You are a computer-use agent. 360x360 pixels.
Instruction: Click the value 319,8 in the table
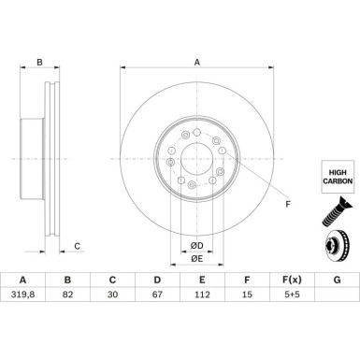22,295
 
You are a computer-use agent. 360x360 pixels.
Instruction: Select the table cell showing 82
67,295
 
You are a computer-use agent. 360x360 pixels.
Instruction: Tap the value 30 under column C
112,295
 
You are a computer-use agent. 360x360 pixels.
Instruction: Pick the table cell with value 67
157,295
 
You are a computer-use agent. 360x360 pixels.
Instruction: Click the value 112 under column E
202,295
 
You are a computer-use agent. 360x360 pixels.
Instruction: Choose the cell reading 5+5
292,295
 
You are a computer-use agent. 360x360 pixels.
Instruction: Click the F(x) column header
292,280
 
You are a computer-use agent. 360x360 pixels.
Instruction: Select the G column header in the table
337,280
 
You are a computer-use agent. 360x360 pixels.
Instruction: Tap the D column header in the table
157,280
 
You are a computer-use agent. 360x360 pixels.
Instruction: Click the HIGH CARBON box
338,177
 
